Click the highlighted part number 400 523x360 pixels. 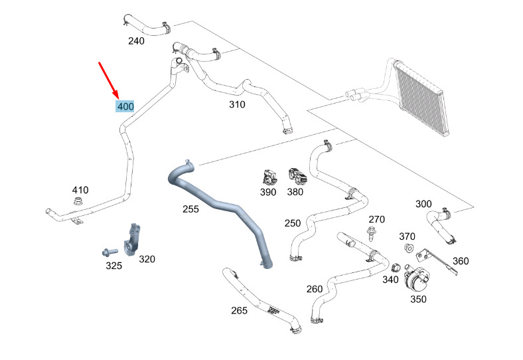point(125,107)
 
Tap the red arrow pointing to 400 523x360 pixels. point(108,80)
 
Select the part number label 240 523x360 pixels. point(137,41)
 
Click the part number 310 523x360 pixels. point(237,104)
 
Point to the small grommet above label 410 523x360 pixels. point(78,201)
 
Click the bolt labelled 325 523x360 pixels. point(110,251)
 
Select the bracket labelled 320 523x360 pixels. point(133,240)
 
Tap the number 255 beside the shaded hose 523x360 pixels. point(190,209)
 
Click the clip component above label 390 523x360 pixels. point(269,177)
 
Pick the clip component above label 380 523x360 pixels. point(297,176)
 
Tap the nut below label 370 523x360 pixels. point(408,248)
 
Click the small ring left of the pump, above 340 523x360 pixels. point(396,268)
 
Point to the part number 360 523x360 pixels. point(461,261)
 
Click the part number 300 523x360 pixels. point(423,204)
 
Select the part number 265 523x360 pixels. point(239,311)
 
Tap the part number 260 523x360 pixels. point(315,289)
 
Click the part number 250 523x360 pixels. point(293,223)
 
